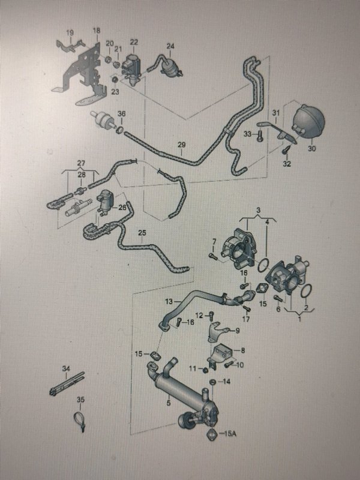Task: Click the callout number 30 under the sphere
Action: tap(311, 148)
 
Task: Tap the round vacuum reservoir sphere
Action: tap(308, 122)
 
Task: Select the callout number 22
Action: tap(134, 43)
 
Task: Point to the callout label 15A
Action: tap(230, 434)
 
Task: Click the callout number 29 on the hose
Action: tap(182, 145)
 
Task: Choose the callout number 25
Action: tap(142, 233)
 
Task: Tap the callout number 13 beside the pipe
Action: tap(169, 302)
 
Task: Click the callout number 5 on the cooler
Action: tap(169, 403)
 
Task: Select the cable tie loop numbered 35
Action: tap(80, 418)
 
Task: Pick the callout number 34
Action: tap(66, 368)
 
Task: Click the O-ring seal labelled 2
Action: tap(307, 291)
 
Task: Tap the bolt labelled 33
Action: tap(260, 136)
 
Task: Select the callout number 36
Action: tap(122, 113)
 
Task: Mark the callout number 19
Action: tap(70, 32)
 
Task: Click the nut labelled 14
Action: tap(212, 382)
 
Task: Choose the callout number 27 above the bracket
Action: tap(81, 163)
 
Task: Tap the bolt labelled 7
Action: tap(213, 256)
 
